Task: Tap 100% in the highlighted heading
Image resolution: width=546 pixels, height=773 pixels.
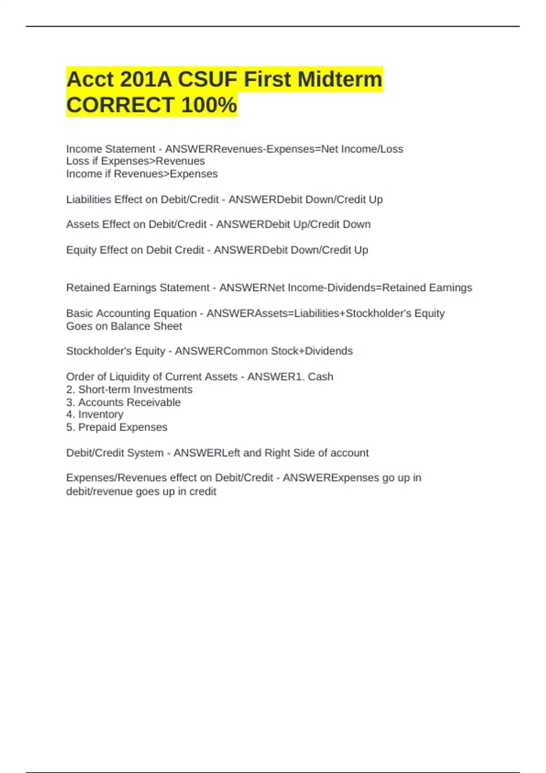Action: pos(209,105)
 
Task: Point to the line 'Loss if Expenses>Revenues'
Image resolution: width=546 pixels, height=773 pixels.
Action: pos(135,161)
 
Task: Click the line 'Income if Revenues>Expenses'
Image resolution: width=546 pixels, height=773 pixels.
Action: pos(142,174)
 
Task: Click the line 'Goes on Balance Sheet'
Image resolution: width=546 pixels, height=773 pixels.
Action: pos(124,326)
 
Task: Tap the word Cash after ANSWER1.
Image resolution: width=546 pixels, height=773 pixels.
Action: pos(320,377)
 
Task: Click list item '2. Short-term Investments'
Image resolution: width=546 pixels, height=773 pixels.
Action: pos(129,390)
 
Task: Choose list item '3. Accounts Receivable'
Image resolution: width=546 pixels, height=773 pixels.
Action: pos(123,402)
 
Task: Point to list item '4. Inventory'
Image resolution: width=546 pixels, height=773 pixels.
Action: pos(95,415)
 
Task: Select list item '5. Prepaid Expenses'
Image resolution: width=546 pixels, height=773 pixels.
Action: pos(116,427)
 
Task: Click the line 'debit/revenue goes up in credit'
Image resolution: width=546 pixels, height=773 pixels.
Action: pos(141,492)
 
